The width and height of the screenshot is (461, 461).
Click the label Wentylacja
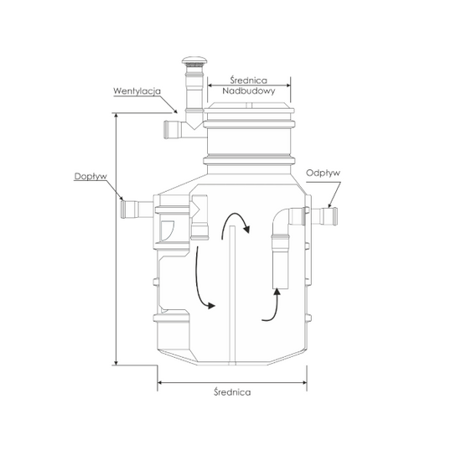pyautogui.click(x=137, y=90)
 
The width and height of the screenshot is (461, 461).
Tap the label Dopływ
pyautogui.click(x=88, y=176)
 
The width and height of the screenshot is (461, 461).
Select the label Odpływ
pyautogui.click(x=322, y=173)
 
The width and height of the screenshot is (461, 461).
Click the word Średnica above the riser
pyautogui.click(x=248, y=76)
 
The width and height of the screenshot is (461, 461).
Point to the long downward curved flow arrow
pyautogui.click(x=201, y=281)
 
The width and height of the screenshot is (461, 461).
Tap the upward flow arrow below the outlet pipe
pyautogui.click(x=270, y=306)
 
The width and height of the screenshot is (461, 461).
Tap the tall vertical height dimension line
pyautogui.click(x=116, y=243)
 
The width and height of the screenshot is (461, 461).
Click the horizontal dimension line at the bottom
pyautogui.click(x=232, y=381)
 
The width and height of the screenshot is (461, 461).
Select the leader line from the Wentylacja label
pyautogui.click(x=169, y=103)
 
